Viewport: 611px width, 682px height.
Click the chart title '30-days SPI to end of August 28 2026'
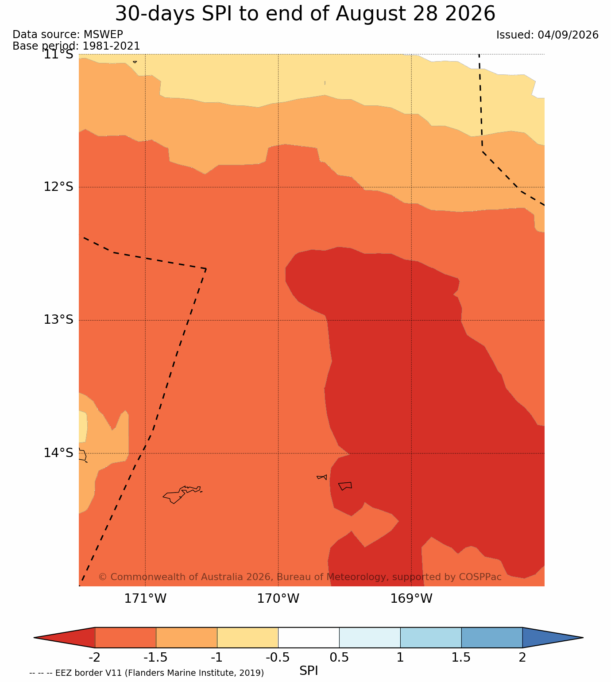pos(305,14)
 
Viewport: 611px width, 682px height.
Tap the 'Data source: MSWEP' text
pos(68,35)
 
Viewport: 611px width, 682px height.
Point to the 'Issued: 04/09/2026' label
pos(547,35)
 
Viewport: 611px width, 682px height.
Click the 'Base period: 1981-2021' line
pos(76,46)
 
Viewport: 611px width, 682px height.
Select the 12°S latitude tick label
pos(58,186)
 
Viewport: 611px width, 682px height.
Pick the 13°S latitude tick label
pos(58,319)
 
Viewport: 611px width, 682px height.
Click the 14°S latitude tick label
pos(58,453)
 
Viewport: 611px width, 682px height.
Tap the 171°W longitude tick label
pos(145,598)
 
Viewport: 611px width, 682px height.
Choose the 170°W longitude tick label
pos(278,598)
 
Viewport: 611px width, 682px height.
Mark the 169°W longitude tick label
pos(411,598)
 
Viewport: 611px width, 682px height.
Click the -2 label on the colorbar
pos(94,657)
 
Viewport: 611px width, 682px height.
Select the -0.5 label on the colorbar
pos(278,657)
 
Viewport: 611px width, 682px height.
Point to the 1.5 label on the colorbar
pos(461,657)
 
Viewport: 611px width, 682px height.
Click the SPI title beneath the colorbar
pos(308,670)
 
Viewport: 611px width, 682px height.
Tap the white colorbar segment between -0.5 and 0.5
pos(309,638)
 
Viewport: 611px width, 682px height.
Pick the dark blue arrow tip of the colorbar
pos(583,638)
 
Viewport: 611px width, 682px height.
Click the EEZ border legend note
pos(147,673)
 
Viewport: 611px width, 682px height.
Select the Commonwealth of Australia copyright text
pos(300,577)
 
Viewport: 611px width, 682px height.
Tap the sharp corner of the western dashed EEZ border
pos(206,269)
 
